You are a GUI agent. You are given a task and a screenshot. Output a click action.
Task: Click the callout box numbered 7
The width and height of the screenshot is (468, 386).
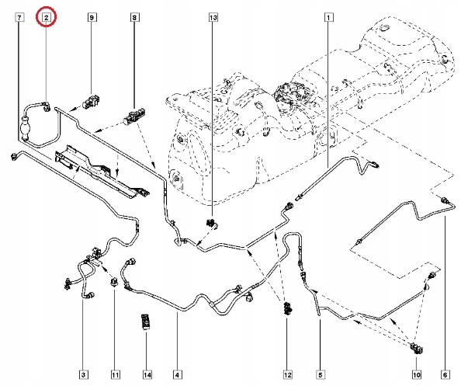pos(19,17)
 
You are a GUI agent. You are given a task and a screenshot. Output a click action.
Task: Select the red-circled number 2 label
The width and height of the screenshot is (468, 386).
pos(47,17)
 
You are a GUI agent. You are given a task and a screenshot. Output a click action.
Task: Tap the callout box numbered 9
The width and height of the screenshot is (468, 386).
pos(92,17)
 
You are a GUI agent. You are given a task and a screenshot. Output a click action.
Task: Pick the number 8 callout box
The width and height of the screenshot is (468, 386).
pos(134,17)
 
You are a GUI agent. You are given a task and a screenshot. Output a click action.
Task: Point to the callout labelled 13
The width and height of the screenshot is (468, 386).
pos(213,17)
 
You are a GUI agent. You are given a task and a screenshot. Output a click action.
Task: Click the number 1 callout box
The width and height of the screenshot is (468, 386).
pos(328,17)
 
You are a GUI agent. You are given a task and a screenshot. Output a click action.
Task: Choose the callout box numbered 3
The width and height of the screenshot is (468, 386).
pos(83,374)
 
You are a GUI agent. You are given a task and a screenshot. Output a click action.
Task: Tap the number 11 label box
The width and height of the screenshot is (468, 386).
pos(115,374)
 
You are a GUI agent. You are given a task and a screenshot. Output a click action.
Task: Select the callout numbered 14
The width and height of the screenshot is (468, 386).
pos(147,374)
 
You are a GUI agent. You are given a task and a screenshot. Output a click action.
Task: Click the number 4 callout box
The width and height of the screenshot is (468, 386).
pos(177,374)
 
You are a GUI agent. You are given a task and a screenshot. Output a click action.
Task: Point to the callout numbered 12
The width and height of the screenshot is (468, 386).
pos(287,374)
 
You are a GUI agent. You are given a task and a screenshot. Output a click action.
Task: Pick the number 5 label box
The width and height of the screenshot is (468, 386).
pos(321,374)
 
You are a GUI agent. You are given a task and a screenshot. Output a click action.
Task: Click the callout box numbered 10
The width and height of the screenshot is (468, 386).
pos(417,374)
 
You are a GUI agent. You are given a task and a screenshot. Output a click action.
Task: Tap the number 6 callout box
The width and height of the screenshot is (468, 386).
pos(445,374)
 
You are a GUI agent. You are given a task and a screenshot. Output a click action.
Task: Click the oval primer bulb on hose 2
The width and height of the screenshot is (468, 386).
pos(25,128)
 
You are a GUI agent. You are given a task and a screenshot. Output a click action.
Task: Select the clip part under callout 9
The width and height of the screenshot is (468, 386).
pos(92,102)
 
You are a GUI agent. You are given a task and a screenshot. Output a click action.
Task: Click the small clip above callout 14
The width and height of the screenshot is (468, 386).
pos(146,322)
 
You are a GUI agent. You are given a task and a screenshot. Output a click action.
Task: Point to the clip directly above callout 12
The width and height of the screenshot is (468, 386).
pos(287,309)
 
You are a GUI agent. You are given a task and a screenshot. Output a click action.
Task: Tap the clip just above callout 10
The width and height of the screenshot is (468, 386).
pos(418,348)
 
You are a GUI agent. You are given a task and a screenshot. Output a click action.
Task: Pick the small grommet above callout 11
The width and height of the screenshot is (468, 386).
pos(114,283)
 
